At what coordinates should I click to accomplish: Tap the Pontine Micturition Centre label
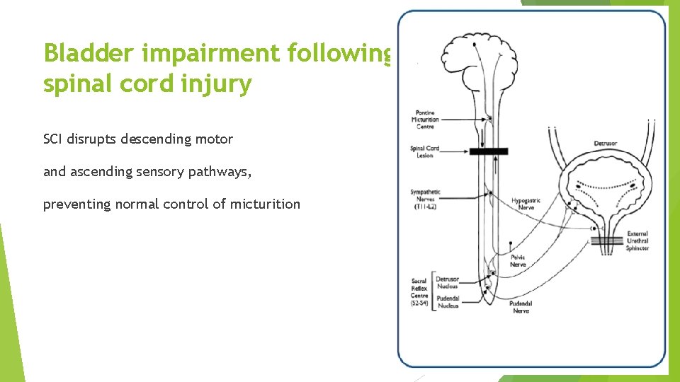tap(425, 120)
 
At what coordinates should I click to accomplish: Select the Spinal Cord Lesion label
tap(425, 151)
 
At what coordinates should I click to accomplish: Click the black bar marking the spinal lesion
tap(488, 151)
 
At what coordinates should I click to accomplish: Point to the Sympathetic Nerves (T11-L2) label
tap(425, 199)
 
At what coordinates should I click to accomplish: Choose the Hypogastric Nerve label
tap(526, 204)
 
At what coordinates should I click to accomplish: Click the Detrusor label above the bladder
tap(605, 144)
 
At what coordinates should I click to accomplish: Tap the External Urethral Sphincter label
tap(637, 241)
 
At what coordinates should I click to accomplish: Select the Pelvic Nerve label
tap(518, 261)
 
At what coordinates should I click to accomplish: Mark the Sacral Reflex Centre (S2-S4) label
tap(419, 292)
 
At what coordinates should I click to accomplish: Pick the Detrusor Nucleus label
tap(447, 283)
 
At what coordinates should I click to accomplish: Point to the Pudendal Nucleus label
tap(448, 302)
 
